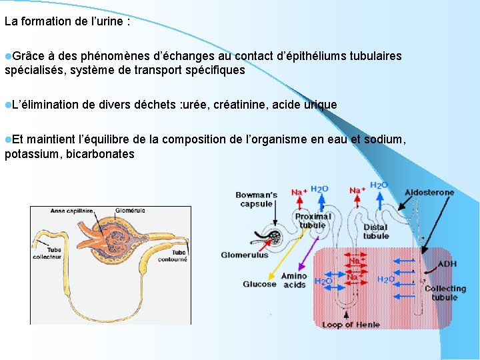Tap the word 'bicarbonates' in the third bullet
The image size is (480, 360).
pyautogui.click(x=101, y=155)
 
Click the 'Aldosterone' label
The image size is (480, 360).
pyautogui.click(x=429, y=193)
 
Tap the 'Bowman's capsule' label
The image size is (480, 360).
pyautogui.click(x=256, y=199)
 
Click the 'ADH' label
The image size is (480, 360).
pyautogui.click(x=447, y=264)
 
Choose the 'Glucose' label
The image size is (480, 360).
pyautogui.click(x=259, y=284)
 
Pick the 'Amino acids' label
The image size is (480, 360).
pyautogui.click(x=294, y=280)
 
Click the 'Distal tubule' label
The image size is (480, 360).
pyautogui.click(x=375, y=231)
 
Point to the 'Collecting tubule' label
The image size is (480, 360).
pyautogui.click(x=445, y=293)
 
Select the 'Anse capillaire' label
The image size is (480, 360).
pyautogui.click(x=72, y=211)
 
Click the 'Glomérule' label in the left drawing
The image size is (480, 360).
pyautogui.click(x=129, y=211)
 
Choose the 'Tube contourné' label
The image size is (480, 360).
pyautogui.click(x=178, y=257)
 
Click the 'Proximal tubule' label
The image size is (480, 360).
pyautogui.click(x=313, y=221)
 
